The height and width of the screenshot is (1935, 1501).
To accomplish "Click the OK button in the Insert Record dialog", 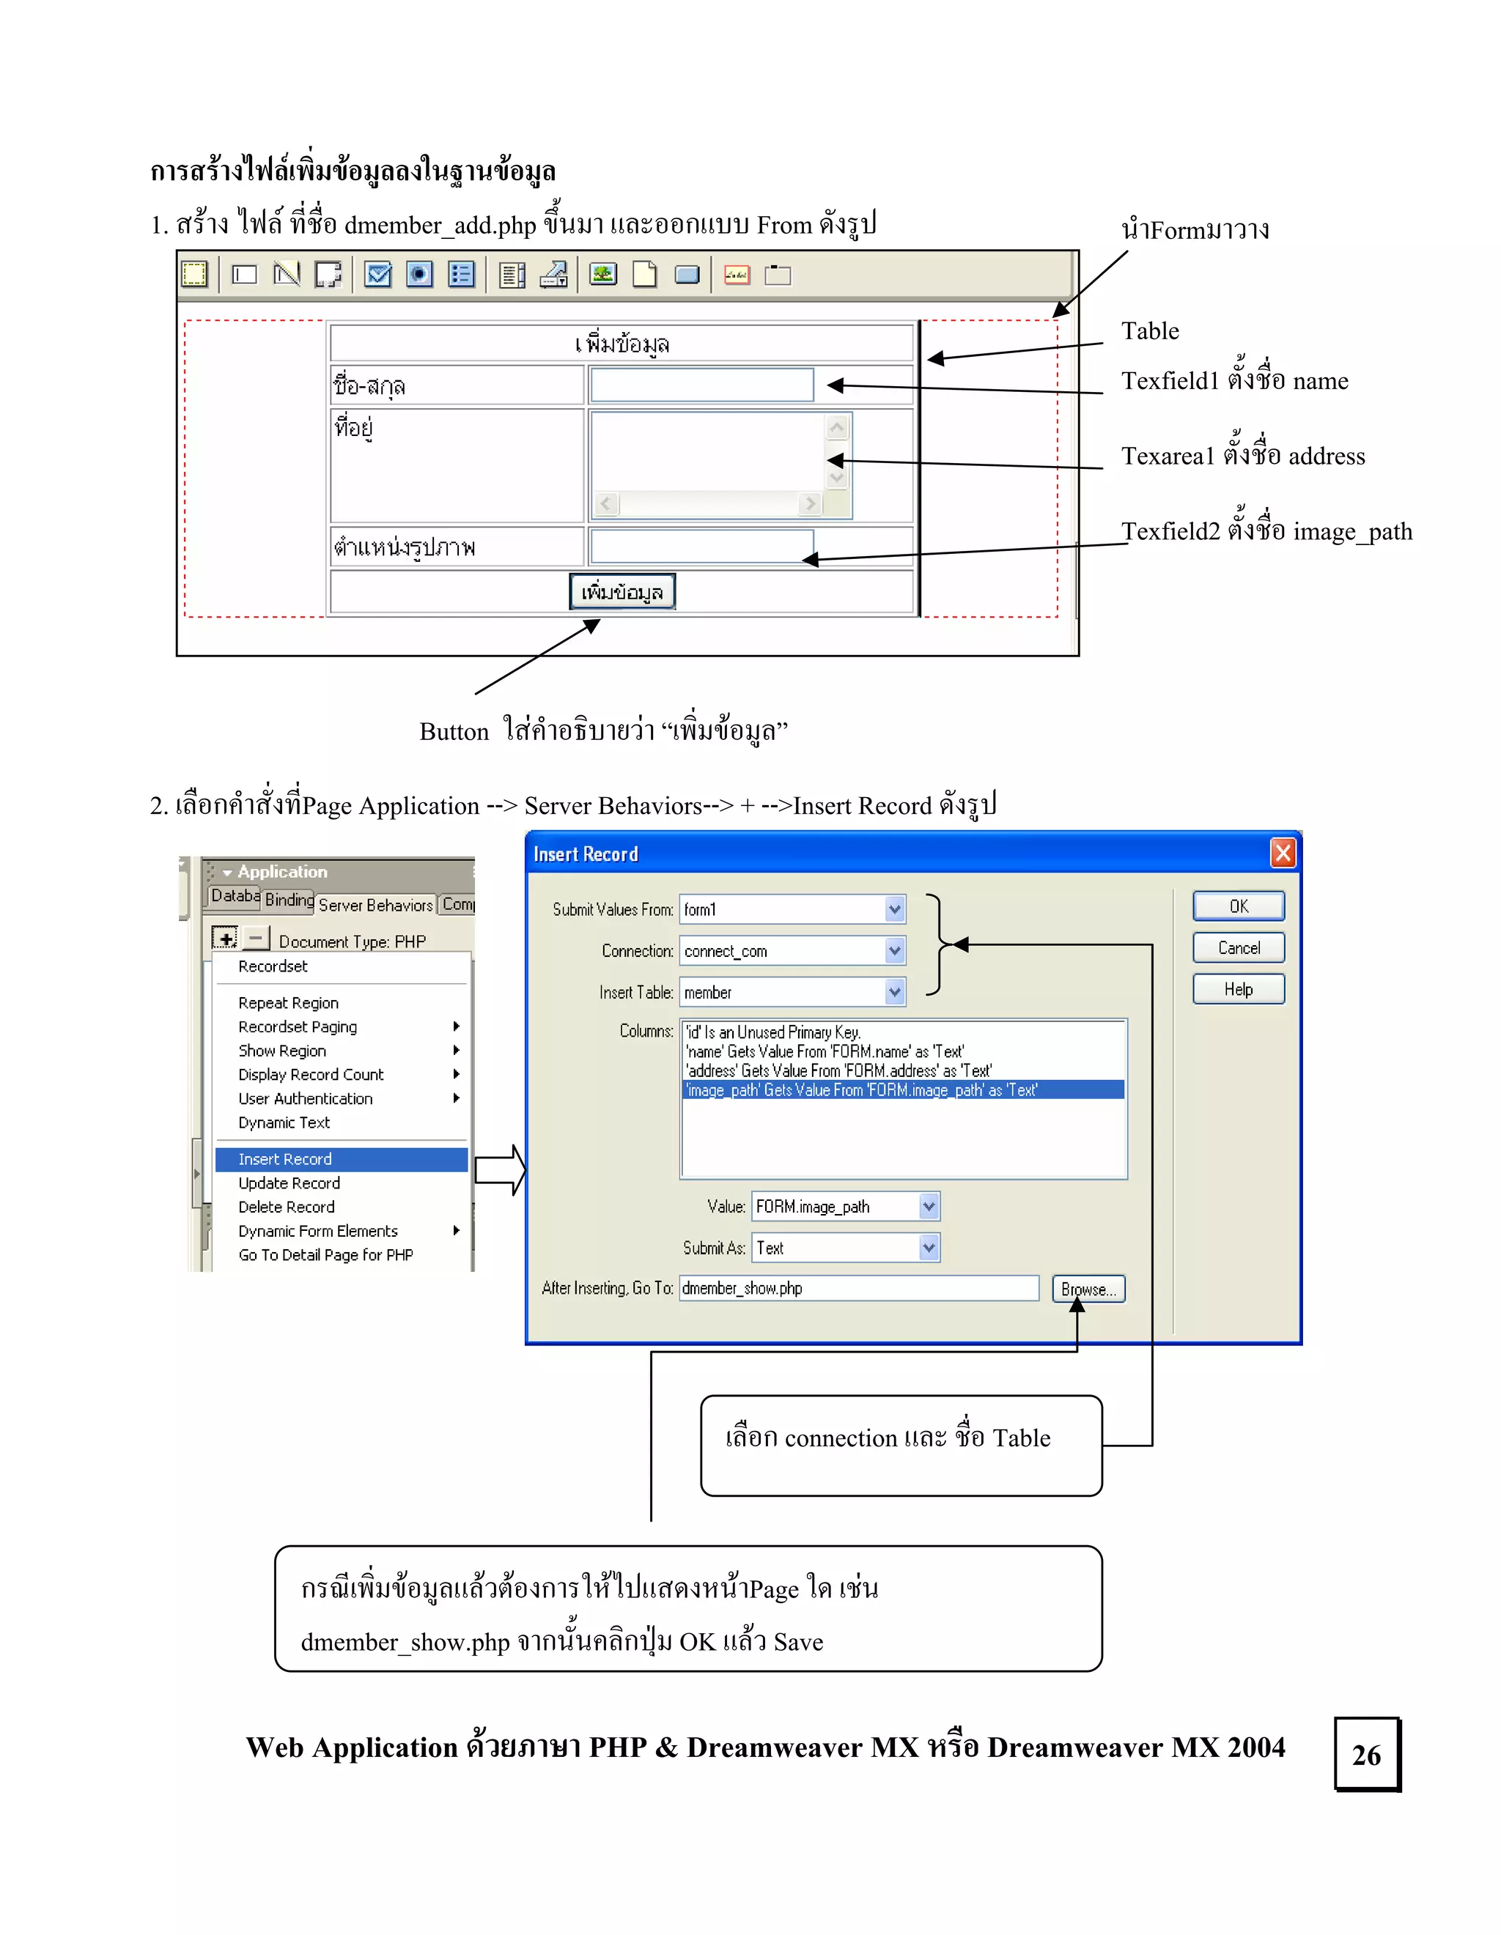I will click(1238, 906).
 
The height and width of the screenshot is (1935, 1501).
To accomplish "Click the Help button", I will click(1238, 990).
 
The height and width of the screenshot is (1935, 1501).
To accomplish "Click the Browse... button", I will click(1088, 1289).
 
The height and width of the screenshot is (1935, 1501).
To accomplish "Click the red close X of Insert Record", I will click(1282, 854).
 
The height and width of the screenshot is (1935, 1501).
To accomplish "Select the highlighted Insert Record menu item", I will click(341, 1159).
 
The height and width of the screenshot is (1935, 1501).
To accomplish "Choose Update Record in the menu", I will click(289, 1183).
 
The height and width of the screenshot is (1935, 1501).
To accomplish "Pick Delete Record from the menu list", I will click(286, 1207).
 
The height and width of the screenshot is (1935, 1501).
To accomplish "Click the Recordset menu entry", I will click(273, 966).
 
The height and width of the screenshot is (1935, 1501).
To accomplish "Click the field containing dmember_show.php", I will click(858, 1288).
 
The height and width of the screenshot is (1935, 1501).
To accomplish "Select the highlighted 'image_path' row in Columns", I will click(902, 1089).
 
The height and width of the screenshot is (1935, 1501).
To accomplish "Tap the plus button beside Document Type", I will click(225, 939).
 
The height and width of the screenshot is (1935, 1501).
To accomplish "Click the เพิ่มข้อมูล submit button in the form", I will click(622, 592).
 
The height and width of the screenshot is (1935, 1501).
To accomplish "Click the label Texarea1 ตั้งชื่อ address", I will click(1242, 456).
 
